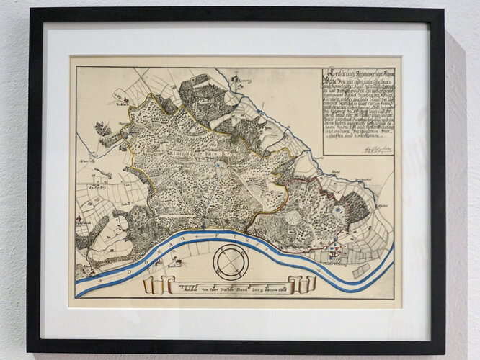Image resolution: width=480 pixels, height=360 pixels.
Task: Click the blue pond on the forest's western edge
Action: click(x=128, y=134)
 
